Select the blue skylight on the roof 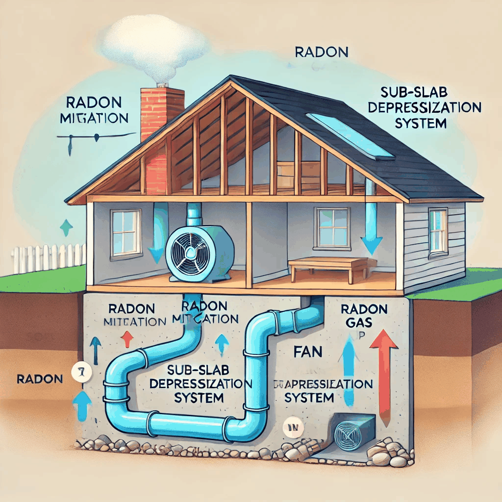click(350, 135)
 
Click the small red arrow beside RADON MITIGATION click(126, 338)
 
